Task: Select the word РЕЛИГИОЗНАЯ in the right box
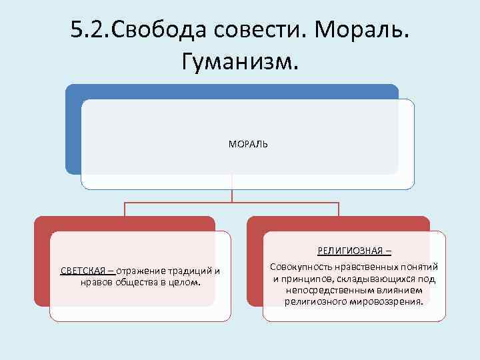(351, 251)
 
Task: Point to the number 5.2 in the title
(89, 29)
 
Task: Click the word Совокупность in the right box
(297, 267)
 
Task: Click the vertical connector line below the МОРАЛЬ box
(232, 194)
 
